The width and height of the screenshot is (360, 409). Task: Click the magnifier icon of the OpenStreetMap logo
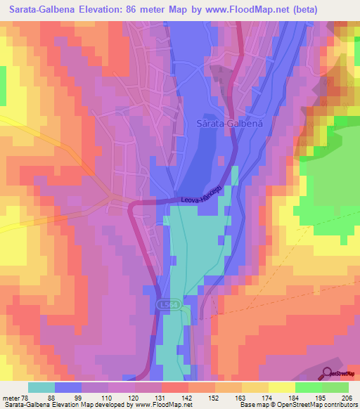pos(328,372)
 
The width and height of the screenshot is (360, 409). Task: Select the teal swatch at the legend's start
pos(41,387)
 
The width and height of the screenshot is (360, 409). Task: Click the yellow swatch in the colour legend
pos(282,387)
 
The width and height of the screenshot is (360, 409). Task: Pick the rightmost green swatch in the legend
pos(335,387)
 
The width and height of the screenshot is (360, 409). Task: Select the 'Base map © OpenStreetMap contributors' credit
pos(296,404)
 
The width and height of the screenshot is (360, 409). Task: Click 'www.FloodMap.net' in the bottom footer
pos(162,404)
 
